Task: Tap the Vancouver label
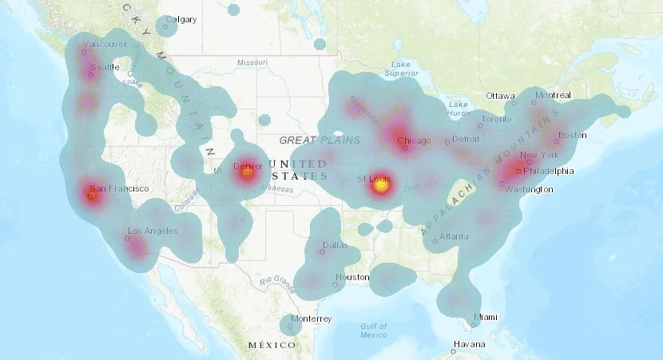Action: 105,44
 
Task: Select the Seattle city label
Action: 104,67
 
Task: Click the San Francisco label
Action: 119,188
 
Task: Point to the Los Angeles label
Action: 153,231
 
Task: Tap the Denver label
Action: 247,165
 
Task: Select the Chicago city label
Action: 414,141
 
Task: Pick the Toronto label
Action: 495,120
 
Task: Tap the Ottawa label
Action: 500,96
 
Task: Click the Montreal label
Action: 554,95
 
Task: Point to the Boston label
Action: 574,135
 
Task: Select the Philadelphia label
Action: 549,171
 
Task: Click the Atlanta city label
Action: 454,236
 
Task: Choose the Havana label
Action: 469,344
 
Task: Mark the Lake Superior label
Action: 401,69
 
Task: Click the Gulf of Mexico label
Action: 374,330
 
